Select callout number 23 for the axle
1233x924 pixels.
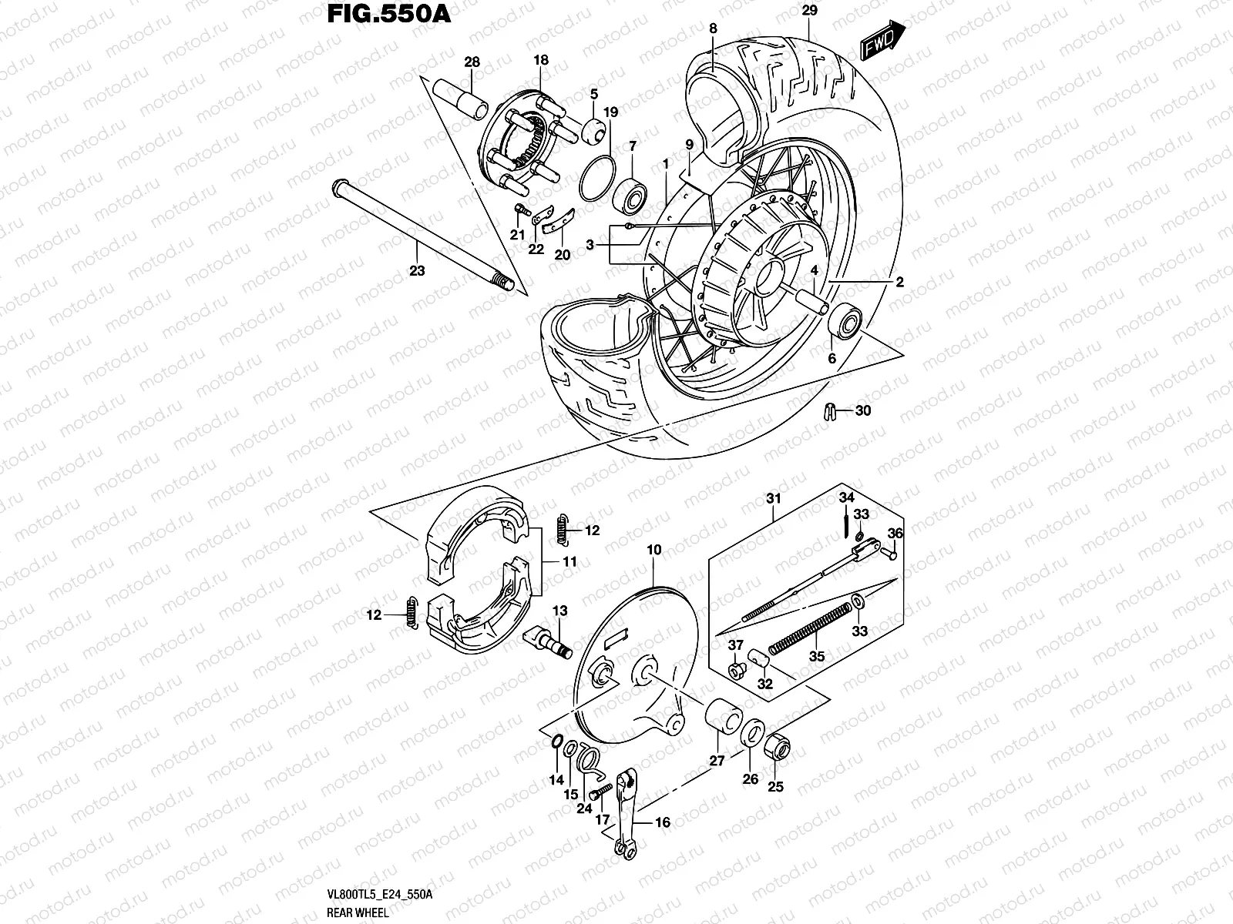pos(417,271)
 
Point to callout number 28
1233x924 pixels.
pos(472,62)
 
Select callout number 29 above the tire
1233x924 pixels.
pos(808,11)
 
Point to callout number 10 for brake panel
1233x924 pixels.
pos(654,550)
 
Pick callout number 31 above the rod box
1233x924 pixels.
pos(774,498)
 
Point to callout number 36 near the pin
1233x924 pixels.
pos(895,533)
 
